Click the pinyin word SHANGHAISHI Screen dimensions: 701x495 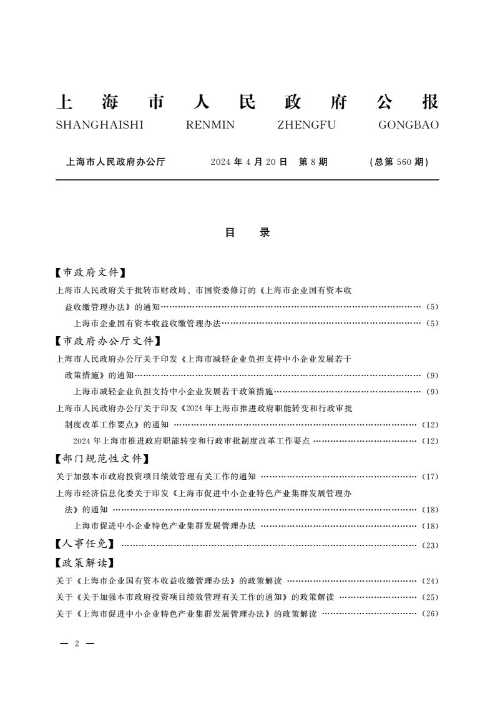click(x=99, y=125)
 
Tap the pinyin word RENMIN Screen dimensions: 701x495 click(x=210, y=125)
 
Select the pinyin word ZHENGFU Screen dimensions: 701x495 click(x=306, y=125)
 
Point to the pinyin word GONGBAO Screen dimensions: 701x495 click(x=408, y=125)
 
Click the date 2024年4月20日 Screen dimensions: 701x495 click(x=248, y=162)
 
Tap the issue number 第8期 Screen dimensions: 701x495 click(x=313, y=162)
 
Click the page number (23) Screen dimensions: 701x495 click(x=431, y=545)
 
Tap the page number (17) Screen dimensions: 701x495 click(x=431, y=477)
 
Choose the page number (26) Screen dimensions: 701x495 click(x=431, y=614)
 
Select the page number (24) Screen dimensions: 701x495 click(x=431, y=580)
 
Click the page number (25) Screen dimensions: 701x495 click(x=431, y=597)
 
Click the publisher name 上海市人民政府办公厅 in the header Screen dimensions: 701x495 click(x=115, y=162)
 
